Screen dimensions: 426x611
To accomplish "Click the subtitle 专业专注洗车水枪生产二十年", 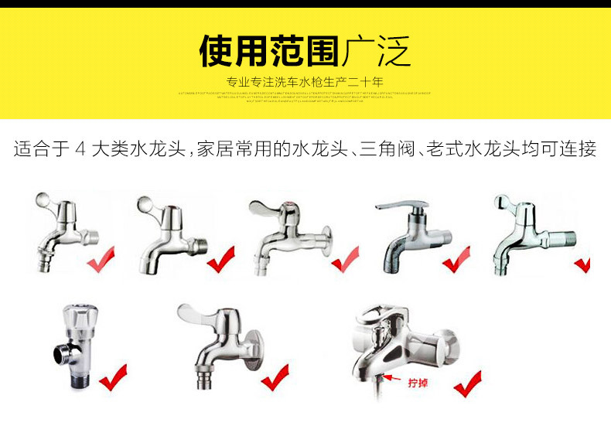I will click(305, 82).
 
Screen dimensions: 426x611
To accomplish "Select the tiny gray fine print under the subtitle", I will click(305, 96).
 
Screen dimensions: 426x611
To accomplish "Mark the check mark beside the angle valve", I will click(114, 377).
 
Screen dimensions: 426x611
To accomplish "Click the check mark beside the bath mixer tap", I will click(466, 383).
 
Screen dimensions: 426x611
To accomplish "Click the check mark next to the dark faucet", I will click(456, 260).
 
